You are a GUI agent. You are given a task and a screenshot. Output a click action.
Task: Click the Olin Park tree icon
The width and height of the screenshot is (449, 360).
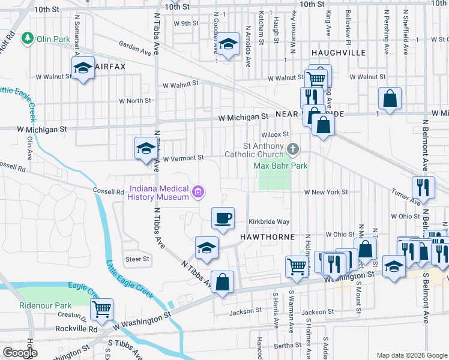(x=27, y=39)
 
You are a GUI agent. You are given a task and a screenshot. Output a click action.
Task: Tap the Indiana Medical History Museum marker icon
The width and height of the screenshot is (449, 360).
(x=198, y=192)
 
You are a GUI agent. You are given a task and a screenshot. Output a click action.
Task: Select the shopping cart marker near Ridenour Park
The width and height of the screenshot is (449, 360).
(x=101, y=309)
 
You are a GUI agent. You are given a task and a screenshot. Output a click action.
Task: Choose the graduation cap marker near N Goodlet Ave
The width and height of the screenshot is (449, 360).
(x=228, y=44)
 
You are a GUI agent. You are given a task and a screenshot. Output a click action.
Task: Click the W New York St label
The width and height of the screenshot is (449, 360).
(x=326, y=192)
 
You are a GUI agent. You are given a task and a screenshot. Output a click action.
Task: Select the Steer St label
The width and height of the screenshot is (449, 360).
(x=137, y=259)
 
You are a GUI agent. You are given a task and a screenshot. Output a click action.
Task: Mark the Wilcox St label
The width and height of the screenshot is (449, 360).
(x=275, y=134)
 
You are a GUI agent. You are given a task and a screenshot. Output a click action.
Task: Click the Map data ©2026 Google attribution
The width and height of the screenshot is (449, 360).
(x=411, y=355)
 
